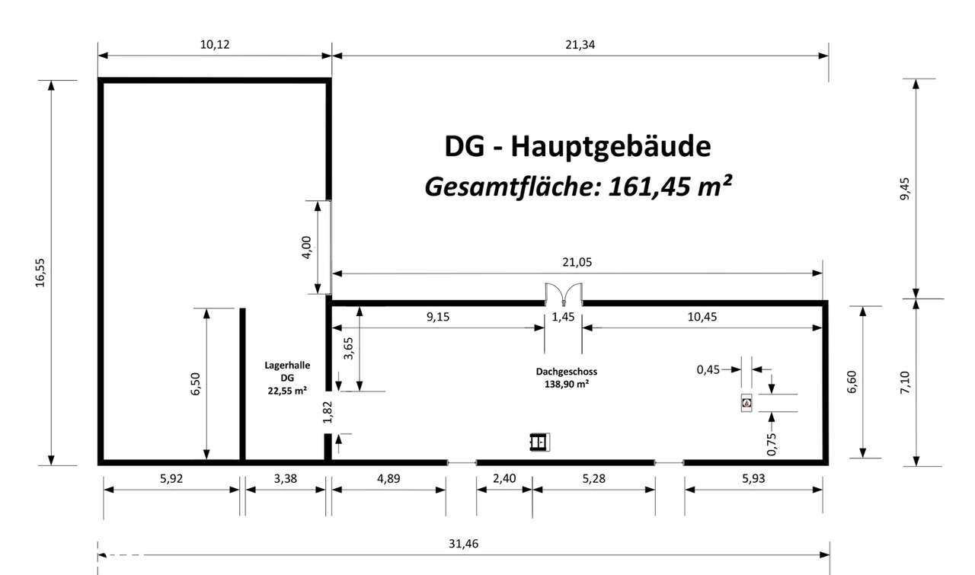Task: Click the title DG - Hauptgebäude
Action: click(577, 146)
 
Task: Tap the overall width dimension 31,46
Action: click(464, 544)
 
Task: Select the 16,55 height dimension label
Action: click(40, 272)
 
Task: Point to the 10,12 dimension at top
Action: click(214, 44)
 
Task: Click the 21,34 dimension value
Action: click(580, 44)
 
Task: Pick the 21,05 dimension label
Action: click(577, 262)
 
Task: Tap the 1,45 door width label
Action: click(563, 317)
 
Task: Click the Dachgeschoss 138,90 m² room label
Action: click(566, 378)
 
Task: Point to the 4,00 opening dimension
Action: click(307, 248)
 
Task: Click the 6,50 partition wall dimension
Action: click(196, 384)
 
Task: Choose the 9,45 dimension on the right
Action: click(904, 189)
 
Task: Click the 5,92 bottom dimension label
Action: click(171, 478)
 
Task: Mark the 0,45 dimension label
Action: click(708, 369)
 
